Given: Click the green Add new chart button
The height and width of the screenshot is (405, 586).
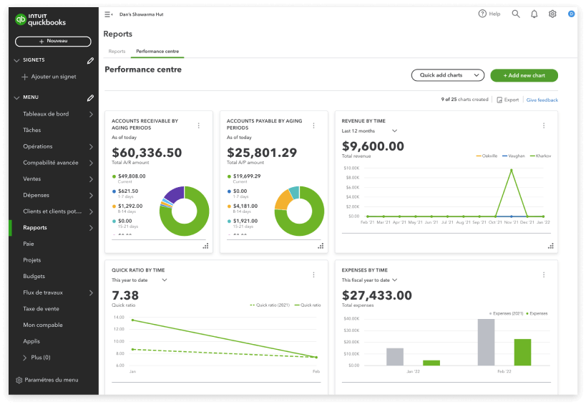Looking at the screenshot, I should [x=524, y=75].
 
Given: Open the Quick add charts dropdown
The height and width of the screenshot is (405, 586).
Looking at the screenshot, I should [x=447, y=75].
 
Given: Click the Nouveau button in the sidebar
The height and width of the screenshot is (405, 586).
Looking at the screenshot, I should [x=53, y=42].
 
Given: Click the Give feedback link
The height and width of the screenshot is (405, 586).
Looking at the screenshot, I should [x=542, y=100].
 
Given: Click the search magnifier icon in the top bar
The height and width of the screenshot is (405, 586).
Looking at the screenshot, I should [x=516, y=14].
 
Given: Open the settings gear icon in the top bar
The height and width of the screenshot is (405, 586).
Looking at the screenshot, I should [x=552, y=14].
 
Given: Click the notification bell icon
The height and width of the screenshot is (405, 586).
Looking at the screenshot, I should [x=534, y=14].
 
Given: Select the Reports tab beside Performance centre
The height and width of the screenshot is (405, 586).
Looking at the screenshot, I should [x=117, y=52].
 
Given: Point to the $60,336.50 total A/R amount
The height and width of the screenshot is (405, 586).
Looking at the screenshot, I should [x=147, y=153].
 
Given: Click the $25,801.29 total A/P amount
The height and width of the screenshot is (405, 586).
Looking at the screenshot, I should [x=262, y=153].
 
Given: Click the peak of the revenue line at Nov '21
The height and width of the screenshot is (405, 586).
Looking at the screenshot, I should [x=512, y=170].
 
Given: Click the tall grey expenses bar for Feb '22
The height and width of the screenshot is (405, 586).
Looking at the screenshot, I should [x=486, y=343].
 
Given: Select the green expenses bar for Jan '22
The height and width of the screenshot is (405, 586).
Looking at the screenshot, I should [x=431, y=363].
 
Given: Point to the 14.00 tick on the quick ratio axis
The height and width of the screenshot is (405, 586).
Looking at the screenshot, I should [x=119, y=317].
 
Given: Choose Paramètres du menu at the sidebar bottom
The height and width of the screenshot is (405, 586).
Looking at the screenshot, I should [x=51, y=380].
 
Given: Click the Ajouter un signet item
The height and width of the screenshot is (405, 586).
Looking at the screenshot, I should [x=53, y=77].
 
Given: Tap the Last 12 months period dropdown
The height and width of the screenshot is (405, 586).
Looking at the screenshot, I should [x=369, y=131].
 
